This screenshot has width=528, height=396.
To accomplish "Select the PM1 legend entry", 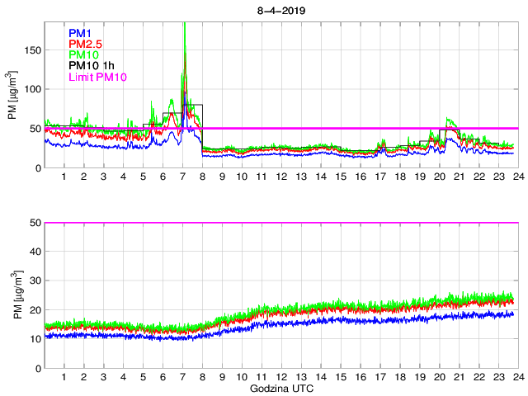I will [x=81, y=33].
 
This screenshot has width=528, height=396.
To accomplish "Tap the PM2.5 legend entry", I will [x=85, y=44].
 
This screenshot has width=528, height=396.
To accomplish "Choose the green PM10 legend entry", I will [x=84, y=55].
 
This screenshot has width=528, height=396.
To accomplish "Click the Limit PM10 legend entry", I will [x=97, y=78].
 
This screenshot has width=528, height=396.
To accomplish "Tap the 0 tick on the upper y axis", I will [x=38, y=167].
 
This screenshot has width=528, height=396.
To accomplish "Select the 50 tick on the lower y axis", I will [x=35, y=223].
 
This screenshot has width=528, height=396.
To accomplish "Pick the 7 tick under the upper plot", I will [x=183, y=177].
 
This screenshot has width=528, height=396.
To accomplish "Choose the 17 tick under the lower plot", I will [x=379, y=377].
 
